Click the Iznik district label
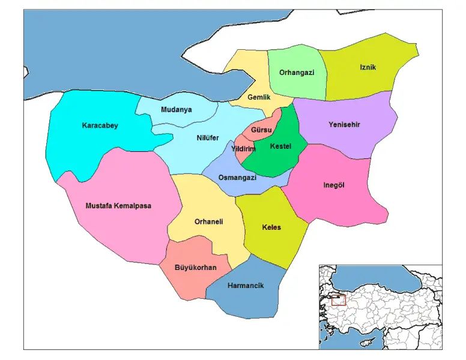point(368,67)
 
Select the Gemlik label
point(259,97)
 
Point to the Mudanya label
point(177,110)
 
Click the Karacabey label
point(100,125)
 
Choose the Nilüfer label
point(208,138)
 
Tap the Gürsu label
point(262,130)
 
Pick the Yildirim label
point(243,149)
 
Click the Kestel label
point(280,146)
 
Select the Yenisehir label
point(344,125)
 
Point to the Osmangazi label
point(237,178)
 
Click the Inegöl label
point(334,185)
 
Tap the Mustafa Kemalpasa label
point(119,206)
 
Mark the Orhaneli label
point(209,221)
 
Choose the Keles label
point(271,227)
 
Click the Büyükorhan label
point(195,267)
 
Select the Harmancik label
point(246,286)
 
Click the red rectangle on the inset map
point(339,299)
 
